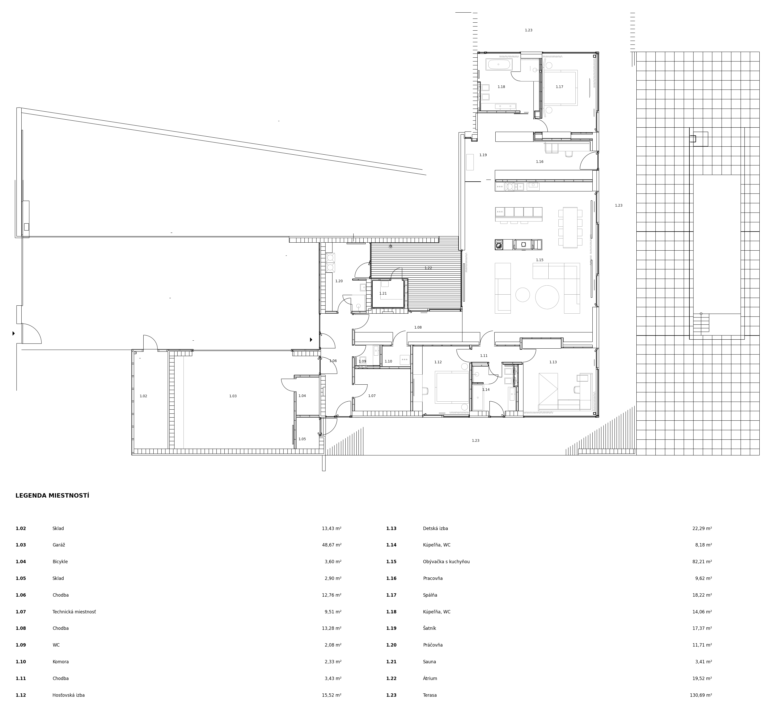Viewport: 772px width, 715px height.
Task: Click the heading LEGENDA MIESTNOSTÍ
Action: click(x=52, y=496)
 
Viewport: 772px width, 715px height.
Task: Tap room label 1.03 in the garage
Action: click(x=233, y=396)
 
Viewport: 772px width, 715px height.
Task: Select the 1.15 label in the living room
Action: click(x=539, y=260)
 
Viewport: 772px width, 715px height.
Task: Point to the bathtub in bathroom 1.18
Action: click(x=498, y=64)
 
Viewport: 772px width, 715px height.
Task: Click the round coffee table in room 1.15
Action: click(x=547, y=297)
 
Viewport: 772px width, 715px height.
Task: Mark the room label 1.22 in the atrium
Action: click(x=428, y=268)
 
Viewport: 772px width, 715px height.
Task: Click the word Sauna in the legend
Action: click(x=429, y=661)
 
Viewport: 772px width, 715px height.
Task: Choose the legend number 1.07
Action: click(x=21, y=612)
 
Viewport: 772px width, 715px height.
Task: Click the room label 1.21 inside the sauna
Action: click(x=383, y=293)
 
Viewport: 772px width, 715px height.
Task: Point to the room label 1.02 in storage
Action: click(x=143, y=396)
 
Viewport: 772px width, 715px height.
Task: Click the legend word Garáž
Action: click(x=59, y=545)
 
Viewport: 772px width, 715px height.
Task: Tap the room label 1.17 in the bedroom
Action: click(x=559, y=87)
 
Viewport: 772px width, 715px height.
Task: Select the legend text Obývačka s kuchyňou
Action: click(x=446, y=561)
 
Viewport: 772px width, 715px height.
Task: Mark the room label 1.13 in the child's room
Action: click(x=553, y=362)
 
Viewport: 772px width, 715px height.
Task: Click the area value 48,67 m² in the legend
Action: click(x=332, y=545)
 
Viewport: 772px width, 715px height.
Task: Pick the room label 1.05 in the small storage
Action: click(x=302, y=439)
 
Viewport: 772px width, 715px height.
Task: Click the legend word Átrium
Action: click(x=430, y=678)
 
